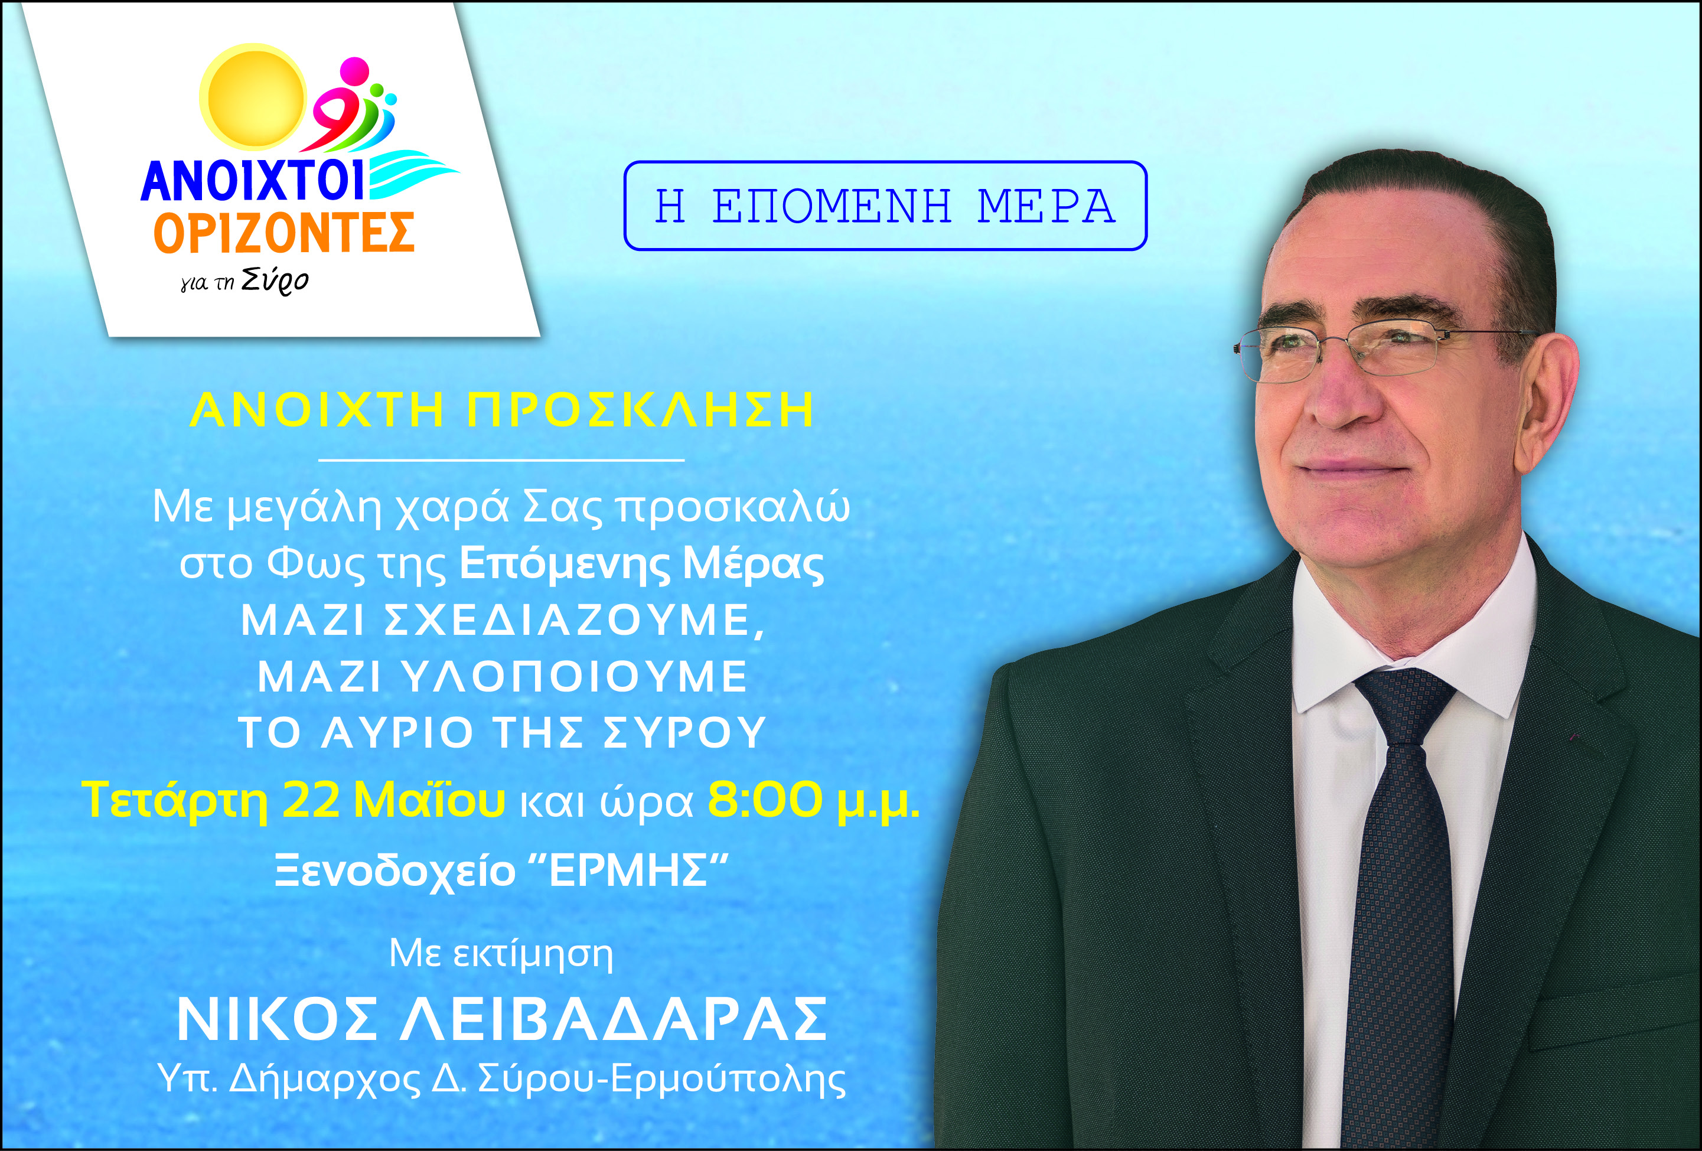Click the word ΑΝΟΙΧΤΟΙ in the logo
click(x=253, y=180)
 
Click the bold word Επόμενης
click(x=563, y=565)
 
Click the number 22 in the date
click(x=311, y=800)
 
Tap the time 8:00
click(x=765, y=800)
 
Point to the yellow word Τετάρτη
click(x=177, y=800)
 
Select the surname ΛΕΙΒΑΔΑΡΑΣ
click(x=614, y=1019)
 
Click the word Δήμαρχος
click(x=325, y=1079)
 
